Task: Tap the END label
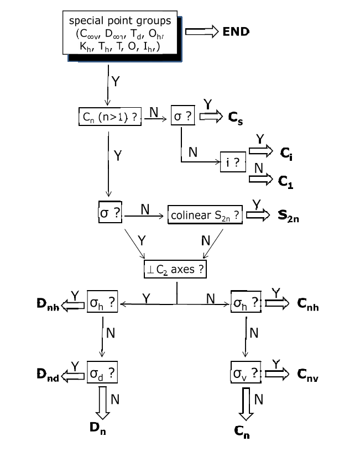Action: [x=236, y=31]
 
